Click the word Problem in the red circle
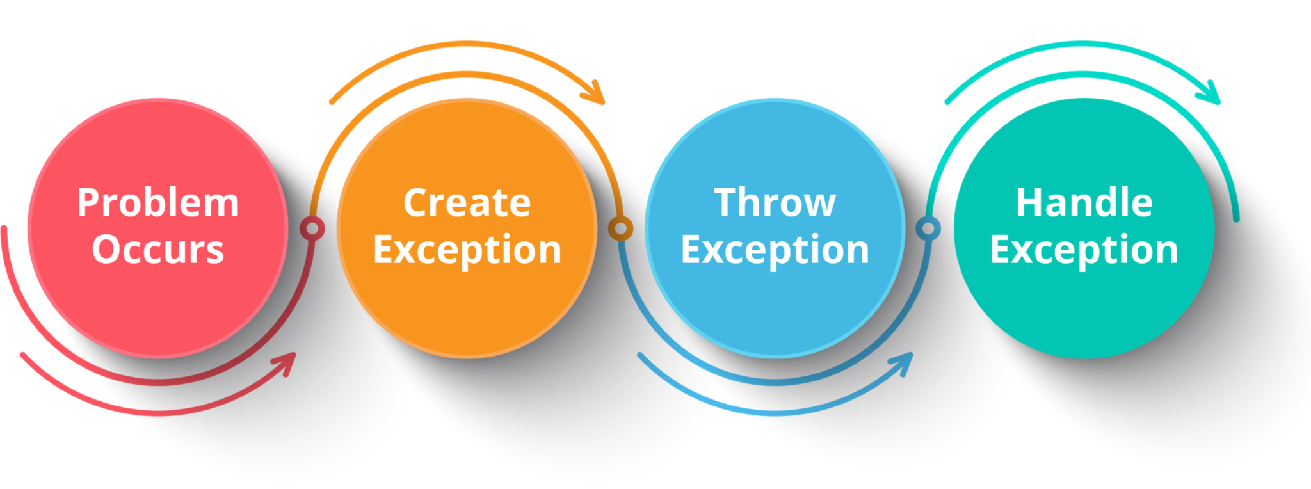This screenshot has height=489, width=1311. tap(158, 203)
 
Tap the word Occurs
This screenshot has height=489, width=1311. tap(158, 250)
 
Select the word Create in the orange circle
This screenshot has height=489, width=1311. tap(467, 203)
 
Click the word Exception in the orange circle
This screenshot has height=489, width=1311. tap(467, 250)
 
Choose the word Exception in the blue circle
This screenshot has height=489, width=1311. tap(775, 250)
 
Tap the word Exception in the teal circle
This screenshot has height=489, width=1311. tap(1084, 250)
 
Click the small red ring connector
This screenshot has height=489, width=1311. tap(312, 228)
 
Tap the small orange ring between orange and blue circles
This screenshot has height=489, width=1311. tap(620, 228)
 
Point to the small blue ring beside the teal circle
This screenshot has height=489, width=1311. tap(928, 228)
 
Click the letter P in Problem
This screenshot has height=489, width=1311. tap(89, 203)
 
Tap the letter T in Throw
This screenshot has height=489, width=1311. tap(727, 203)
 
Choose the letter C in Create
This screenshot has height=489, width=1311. tap(416, 203)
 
